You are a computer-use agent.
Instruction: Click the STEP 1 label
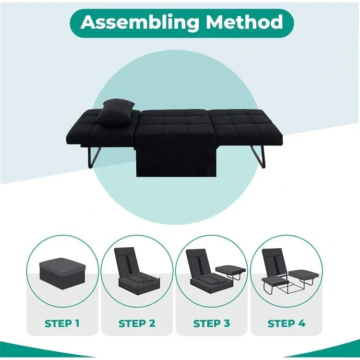(62, 323)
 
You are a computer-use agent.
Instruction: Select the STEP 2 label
(137, 323)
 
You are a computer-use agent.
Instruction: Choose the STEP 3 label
(212, 323)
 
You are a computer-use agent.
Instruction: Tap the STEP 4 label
(287, 323)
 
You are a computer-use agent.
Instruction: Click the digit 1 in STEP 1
(77, 323)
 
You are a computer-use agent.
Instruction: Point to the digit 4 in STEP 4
(301, 323)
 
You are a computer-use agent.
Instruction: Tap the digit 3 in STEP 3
(227, 323)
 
